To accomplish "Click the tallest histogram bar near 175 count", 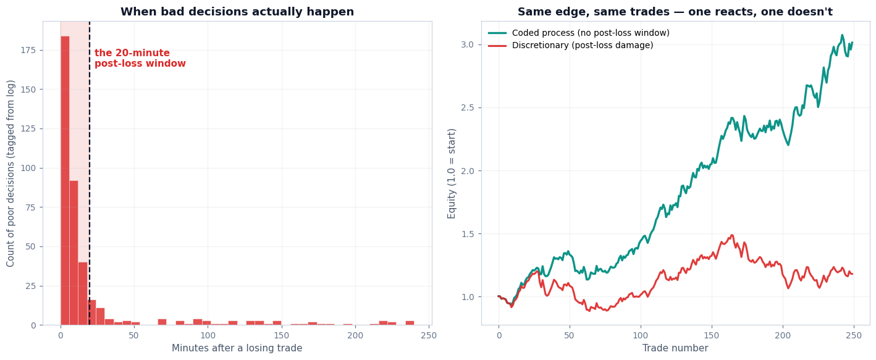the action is [65, 180].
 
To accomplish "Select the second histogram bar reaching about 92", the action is [74, 253].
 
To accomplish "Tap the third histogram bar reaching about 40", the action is [83, 293].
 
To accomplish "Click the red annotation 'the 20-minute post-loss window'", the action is [140, 58].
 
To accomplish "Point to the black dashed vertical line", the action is [90, 173].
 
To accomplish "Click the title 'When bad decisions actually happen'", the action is [237, 12].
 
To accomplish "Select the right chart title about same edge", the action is [675, 12].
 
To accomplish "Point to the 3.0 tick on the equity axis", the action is [467, 44].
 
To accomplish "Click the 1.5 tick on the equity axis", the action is [467, 234].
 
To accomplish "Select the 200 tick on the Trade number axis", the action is [783, 335].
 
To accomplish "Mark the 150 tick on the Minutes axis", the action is [282, 335].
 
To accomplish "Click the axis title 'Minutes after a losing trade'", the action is [237, 348].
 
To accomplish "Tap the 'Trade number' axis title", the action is [675, 348].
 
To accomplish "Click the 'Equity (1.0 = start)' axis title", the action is [452, 174].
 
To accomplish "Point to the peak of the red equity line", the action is [731, 235].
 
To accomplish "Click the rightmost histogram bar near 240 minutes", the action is [410, 323].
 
